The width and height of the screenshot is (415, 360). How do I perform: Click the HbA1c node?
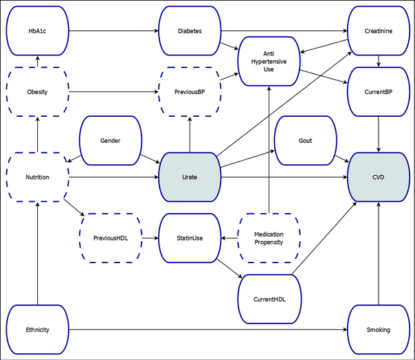tap(37, 31)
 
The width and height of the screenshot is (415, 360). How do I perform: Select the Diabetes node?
tap(190, 31)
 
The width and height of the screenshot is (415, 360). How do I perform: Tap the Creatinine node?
tap(379, 31)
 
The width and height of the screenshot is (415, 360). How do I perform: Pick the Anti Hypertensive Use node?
tap(269, 61)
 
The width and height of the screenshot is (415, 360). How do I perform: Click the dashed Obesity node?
tap(37, 92)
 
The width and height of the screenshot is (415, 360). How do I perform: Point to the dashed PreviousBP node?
tap(190, 92)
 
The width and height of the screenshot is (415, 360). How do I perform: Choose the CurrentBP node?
tap(379, 92)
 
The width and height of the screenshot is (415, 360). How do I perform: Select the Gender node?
tap(111, 141)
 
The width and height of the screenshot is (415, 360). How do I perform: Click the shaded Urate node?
tap(190, 177)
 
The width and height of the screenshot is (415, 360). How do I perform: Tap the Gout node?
tap(305, 141)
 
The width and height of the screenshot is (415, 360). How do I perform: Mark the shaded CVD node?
tap(379, 177)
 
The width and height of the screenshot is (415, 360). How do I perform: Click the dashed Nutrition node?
tap(37, 177)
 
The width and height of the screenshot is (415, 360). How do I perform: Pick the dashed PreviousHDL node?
tap(111, 238)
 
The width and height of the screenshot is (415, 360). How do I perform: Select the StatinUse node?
tap(190, 238)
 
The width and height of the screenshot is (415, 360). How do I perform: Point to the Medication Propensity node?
tap(269, 238)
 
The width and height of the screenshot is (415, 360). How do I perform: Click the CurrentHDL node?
tap(269, 300)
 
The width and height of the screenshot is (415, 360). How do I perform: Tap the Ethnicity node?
tap(37, 330)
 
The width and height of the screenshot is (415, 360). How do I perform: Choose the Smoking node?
tap(379, 330)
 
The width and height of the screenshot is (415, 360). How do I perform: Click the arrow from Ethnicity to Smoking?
tap(206, 330)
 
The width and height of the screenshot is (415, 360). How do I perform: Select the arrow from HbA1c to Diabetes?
tap(113, 31)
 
